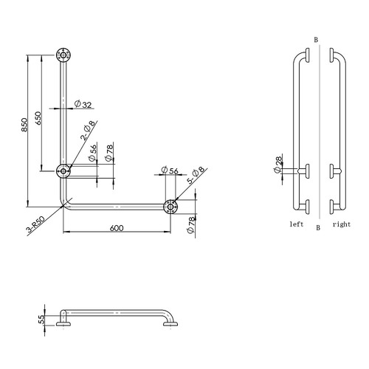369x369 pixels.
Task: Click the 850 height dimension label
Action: (24, 125)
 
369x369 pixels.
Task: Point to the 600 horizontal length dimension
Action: (116, 229)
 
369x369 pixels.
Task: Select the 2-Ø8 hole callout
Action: (88, 131)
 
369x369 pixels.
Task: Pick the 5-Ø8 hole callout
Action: (196, 176)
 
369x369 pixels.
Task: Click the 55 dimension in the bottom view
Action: (41, 320)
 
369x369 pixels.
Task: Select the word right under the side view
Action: (341, 222)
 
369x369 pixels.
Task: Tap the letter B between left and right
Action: (318, 227)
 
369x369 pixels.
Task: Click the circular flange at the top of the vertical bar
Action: (65, 55)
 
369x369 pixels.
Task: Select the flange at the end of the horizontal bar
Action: (170, 206)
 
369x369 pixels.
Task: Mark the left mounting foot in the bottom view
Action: (64, 323)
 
